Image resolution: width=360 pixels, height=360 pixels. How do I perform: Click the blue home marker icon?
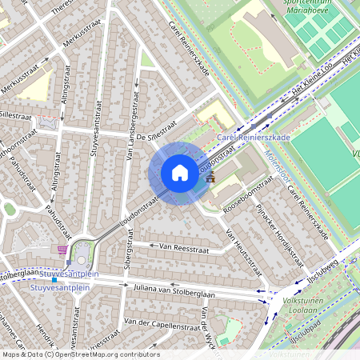click(179, 173)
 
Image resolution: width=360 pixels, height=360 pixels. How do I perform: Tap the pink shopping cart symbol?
click(62, 250)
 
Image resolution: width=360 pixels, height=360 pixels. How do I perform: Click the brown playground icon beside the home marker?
click(210, 178)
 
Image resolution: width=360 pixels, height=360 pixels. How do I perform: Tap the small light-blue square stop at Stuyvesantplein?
click(54, 281)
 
